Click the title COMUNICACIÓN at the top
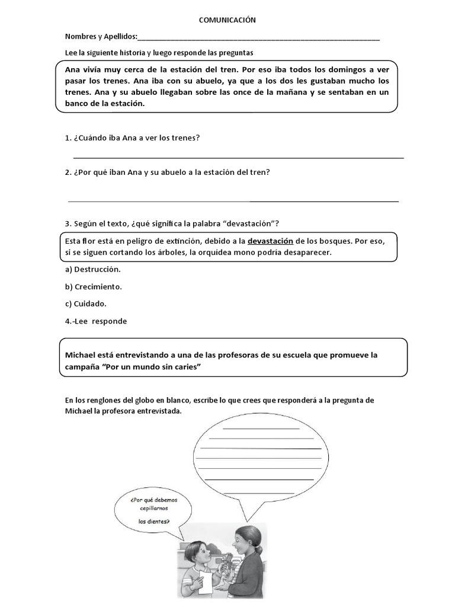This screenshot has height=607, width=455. point(227,20)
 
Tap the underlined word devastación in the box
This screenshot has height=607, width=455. point(270,241)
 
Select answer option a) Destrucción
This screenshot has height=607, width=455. point(92,269)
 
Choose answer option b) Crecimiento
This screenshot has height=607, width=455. point(94,286)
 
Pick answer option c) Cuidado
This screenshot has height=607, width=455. point(86,303)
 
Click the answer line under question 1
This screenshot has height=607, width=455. point(238,158)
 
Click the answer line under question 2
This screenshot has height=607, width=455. point(233,201)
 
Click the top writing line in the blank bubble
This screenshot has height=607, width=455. point(261,428)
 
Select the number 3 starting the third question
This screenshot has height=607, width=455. point(68,223)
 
